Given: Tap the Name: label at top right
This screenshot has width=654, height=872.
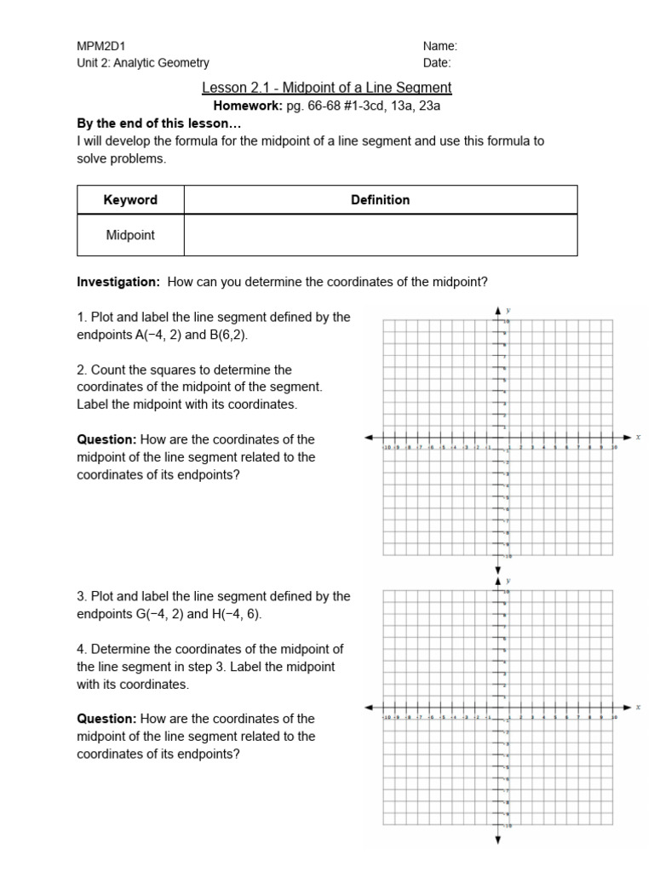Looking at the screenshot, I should pyautogui.click(x=439, y=46).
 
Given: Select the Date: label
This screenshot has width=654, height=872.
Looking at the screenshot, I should pyautogui.click(x=437, y=63).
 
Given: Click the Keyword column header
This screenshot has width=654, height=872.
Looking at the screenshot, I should pyautogui.click(x=130, y=200).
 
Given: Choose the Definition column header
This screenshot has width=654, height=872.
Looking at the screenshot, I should pyautogui.click(x=380, y=200).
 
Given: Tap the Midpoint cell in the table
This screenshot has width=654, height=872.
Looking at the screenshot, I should pyautogui.click(x=130, y=235).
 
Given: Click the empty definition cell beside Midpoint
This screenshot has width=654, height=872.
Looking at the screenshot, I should pyautogui.click(x=380, y=235).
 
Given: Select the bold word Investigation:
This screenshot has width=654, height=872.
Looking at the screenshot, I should pyautogui.click(x=118, y=282).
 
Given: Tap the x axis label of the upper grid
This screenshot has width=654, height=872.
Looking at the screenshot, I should pyautogui.click(x=638, y=437).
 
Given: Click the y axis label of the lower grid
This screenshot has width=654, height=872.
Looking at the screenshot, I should pyautogui.click(x=508, y=581).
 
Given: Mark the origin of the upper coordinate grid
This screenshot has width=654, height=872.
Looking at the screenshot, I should pyautogui.click(x=498, y=437).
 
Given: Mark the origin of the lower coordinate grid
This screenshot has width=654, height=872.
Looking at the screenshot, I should pyautogui.click(x=498, y=708).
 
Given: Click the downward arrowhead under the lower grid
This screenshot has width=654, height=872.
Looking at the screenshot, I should pyautogui.click(x=498, y=840).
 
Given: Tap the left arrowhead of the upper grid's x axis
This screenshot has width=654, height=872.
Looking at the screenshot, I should pyautogui.click(x=370, y=437).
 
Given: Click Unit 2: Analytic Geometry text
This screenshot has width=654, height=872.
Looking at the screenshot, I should pyautogui.click(x=143, y=63).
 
